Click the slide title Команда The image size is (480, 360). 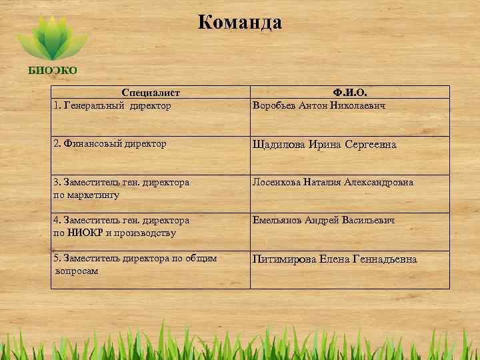tap(240, 23)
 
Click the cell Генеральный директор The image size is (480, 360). tap(117, 105)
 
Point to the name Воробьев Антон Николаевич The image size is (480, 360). tap(319, 105)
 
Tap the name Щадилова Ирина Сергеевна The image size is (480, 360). tap(323, 145)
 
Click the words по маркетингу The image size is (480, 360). tap(86, 194)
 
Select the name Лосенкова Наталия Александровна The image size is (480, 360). tap(332, 182)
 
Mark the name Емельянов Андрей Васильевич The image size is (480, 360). tap(323, 220)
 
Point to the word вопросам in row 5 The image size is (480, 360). tap(76, 271)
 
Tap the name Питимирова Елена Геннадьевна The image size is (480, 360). tap(334, 259)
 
